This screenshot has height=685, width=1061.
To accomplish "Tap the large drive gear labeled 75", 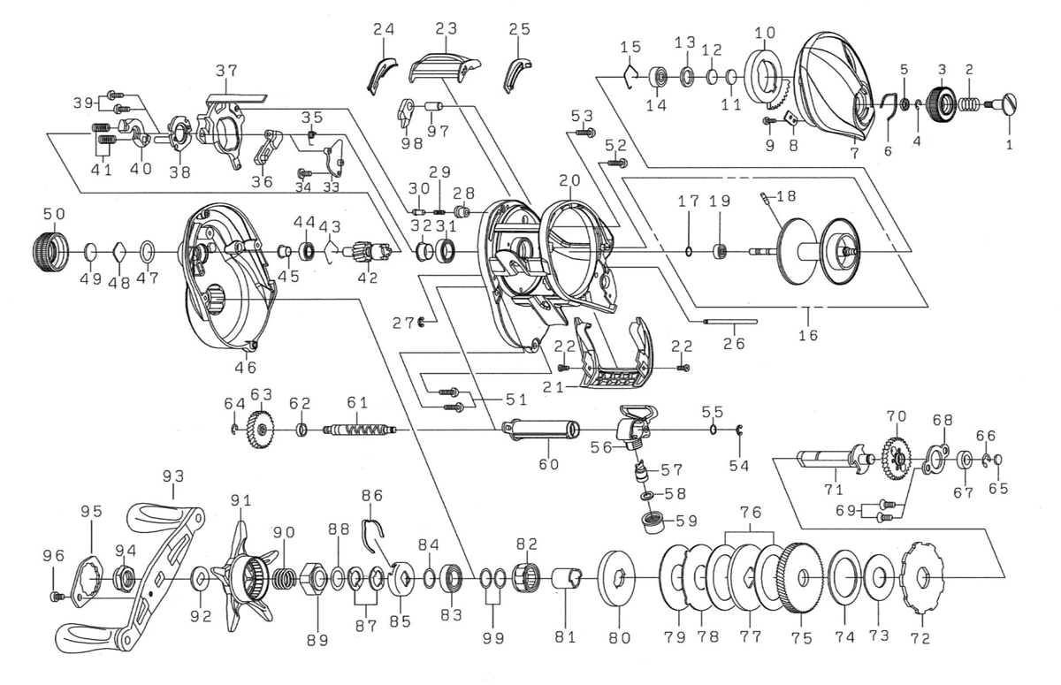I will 798,581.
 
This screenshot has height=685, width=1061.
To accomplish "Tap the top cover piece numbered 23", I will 444,62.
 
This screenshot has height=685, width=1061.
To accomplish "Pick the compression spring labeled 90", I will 283,581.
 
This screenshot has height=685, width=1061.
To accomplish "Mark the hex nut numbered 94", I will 124,580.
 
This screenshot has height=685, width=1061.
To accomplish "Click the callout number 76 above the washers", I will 751,513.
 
